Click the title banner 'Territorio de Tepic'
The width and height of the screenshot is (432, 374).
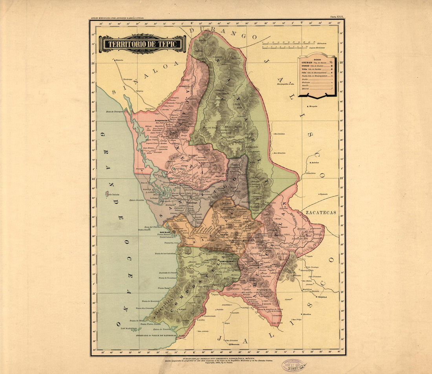coord(142,44)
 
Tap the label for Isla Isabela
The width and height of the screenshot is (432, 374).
coord(113,194)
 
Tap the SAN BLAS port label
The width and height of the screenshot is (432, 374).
coord(164,232)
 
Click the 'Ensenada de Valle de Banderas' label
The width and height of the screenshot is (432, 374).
coord(156,336)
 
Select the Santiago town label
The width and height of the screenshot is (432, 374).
coord(192,203)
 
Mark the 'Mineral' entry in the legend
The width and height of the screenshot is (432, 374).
coord(305,89)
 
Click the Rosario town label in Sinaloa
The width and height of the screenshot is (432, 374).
coord(119,60)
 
